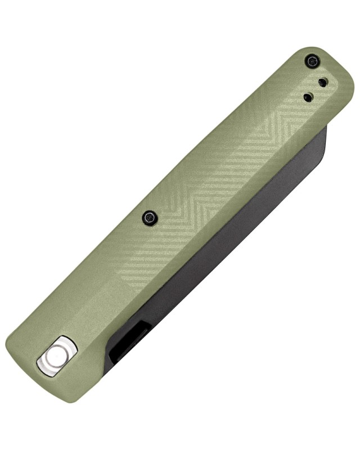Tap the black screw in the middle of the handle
pos(150,217)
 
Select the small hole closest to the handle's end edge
pos(322,83)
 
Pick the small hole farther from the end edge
pos(308,97)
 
